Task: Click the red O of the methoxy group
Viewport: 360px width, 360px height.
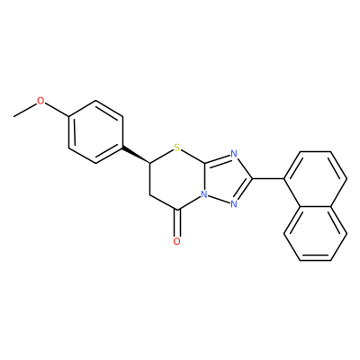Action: [x=40, y=101]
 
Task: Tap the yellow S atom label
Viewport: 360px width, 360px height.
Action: [x=176, y=148]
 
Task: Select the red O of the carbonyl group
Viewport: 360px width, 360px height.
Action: [x=177, y=241]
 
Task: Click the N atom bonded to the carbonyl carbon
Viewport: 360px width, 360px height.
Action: [x=204, y=194]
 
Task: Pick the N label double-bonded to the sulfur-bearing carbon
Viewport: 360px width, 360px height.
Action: [x=234, y=154]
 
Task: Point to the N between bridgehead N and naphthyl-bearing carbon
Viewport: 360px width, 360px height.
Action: [x=234, y=204]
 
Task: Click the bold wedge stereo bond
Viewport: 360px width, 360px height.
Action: [x=136, y=156]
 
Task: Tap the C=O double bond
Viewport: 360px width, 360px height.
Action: [x=177, y=223]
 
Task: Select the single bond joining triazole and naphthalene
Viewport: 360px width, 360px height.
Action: [x=268, y=179]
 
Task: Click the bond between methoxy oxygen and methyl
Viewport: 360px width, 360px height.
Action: [x=25, y=110]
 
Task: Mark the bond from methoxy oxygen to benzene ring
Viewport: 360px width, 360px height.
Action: [x=57, y=109]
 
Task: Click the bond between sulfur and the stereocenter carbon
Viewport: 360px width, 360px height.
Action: [x=161, y=156]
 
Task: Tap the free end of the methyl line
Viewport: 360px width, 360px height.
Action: [x=13, y=116]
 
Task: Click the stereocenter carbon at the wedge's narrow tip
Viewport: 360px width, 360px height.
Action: [x=149, y=163]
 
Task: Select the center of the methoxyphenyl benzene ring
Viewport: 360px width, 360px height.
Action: [x=95, y=132]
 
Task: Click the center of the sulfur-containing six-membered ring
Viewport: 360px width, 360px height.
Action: [x=177, y=179]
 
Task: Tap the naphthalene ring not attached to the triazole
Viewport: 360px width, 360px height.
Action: [x=316, y=233]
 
